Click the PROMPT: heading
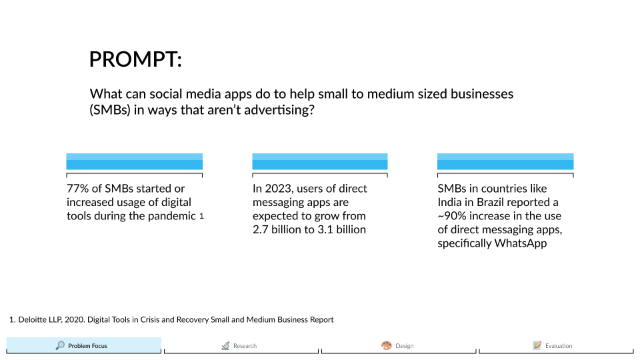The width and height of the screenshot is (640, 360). tap(135, 59)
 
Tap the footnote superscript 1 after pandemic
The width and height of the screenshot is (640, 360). tap(201, 216)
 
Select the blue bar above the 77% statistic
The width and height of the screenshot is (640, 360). tap(134, 161)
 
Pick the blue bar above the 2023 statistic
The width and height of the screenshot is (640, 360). tap(320, 161)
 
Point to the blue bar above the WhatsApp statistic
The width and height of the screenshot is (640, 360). tap(505, 161)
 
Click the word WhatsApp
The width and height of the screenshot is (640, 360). tap(521, 243)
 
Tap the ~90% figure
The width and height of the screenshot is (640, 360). tap(452, 216)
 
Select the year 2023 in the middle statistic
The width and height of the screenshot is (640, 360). tap(279, 189)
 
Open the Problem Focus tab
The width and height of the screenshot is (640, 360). tap(84, 345)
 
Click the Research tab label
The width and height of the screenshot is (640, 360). tap(245, 346)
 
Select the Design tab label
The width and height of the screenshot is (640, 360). tap(405, 346)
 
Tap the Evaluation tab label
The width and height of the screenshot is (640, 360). tap(559, 346)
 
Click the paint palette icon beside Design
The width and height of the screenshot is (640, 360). tap(386, 345)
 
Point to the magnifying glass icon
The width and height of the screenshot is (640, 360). tap(60, 345)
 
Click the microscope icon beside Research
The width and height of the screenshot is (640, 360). tap(226, 346)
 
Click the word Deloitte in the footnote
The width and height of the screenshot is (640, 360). tap(33, 319)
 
